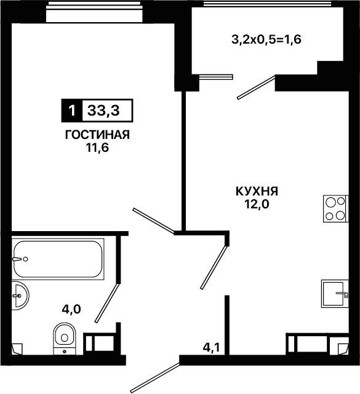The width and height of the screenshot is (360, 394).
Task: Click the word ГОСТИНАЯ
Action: (x=97, y=135)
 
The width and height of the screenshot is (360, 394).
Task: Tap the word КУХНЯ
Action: (x=257, y=192)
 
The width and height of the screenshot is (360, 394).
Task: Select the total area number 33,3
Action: (x=103, y=110)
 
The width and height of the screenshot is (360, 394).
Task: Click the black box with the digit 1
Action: (x=72, y=110)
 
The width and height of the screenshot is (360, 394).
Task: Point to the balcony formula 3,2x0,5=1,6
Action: (x=266, y=40)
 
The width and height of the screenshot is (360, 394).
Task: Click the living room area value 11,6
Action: (x=97, y=148)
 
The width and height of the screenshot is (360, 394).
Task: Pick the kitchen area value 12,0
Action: (x=257, y=205)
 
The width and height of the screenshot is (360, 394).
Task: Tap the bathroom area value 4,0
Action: (x=71, y=309)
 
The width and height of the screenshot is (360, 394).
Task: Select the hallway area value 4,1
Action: (x=212, y=348)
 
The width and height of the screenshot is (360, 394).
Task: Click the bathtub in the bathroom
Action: (x=58, y=259)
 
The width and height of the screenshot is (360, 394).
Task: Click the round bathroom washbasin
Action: (x=20, y=296)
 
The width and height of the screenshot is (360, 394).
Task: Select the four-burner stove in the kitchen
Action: (x=335, y=208)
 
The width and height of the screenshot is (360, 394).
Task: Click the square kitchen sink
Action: (x=335, y=294)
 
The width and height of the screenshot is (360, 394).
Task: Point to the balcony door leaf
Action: (x=256, y=87)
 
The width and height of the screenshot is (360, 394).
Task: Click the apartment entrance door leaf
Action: (x=156, y=378)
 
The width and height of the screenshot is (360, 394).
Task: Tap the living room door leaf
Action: (x=153, y=221)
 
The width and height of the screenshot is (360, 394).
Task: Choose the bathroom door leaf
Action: (x=106, y=303)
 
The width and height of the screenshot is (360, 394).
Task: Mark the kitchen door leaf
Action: (x=214, y=267)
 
